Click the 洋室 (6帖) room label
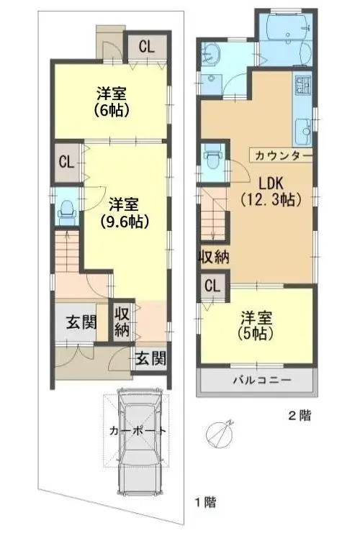click(x=112, y=101)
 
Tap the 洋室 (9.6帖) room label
click(x=125, y=212)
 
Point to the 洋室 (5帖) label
click(x=256, y=325)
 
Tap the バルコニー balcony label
click(x=262, y=381)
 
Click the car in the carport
click(x=140, y=440)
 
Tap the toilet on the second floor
click(x=212, y=156)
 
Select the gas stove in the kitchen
click(x=302, y=86)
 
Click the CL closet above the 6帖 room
click(x=147, y=46)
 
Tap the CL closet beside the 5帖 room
click(x=212, y=286)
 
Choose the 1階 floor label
click(x=206, y=502)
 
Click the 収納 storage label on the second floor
click(x=214, y=257)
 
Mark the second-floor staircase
click(x=213, y=214)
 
